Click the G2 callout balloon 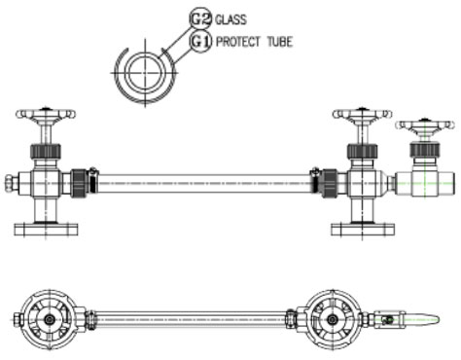point(200,18)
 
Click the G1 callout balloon point(200,42)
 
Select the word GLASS point(230,19)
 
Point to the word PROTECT point(238,42)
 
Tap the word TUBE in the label point(280,42)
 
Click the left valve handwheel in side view point(46,115)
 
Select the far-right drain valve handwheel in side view point(425,126)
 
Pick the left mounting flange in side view point(46,230)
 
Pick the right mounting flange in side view point(363,230)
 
